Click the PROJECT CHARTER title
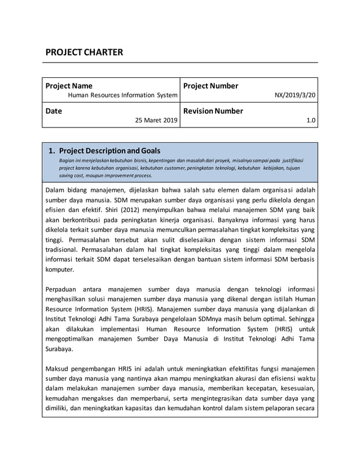click(84, 53)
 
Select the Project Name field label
click(69, 86)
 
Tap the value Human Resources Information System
click(122, 95)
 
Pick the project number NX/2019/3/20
click(295, 95)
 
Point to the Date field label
click(54, 111)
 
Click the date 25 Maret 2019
click(156, 121)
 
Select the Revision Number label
click(213, 111)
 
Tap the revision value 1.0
click(311, 121)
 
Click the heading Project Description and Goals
click(109, 151)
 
